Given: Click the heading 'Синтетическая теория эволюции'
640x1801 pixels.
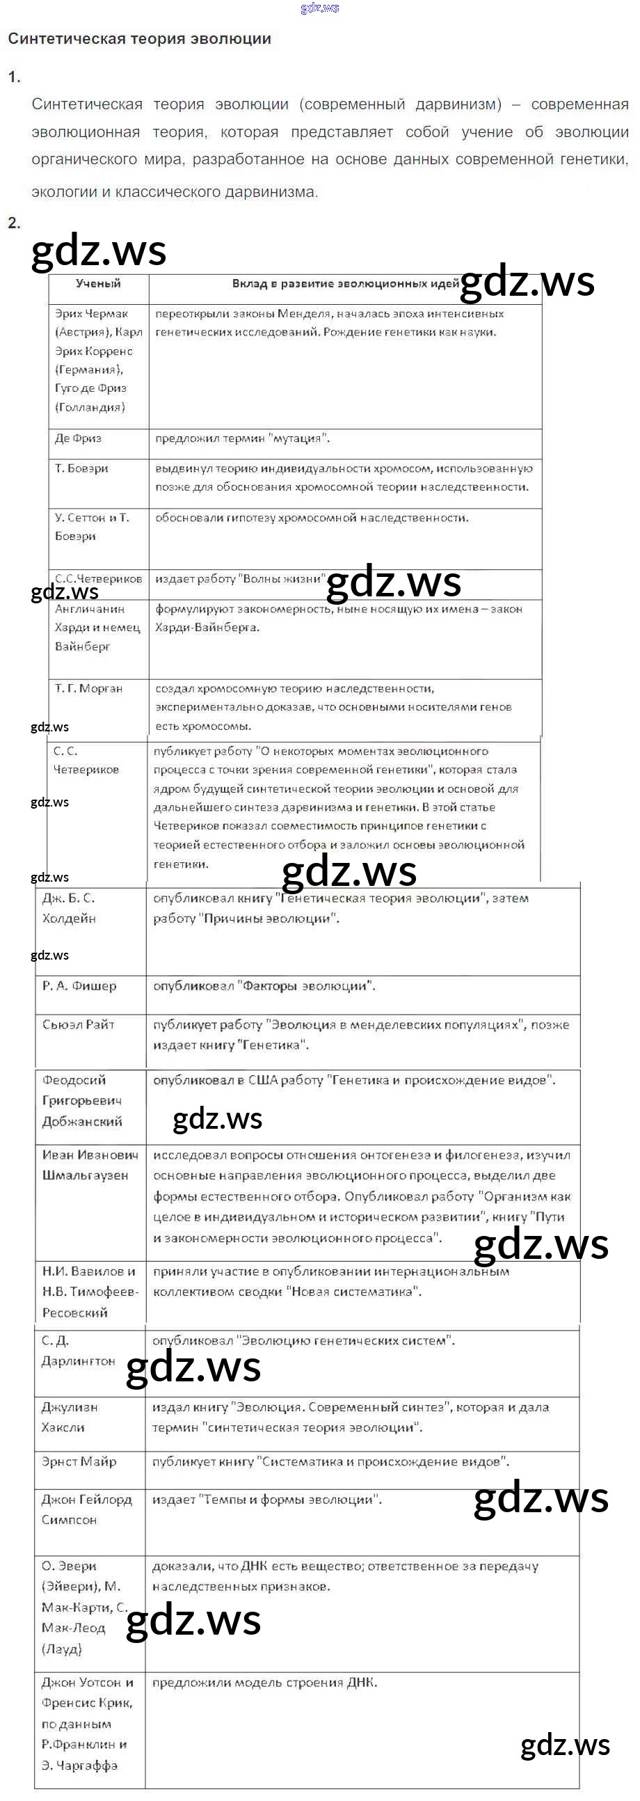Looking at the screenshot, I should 139,39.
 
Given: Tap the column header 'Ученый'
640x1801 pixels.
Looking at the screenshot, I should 98,283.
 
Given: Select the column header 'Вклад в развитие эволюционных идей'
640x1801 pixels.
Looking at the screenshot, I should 345,284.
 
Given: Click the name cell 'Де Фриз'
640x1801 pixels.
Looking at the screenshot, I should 78,438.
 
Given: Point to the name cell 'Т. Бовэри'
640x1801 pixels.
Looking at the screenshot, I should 82,468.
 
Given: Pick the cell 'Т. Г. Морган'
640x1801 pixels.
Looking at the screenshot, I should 89,689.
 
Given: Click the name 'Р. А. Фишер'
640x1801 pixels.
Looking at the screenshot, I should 79,986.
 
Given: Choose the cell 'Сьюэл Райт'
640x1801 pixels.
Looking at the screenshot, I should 78,1024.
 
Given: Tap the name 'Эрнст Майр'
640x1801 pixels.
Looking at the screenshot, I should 79,1461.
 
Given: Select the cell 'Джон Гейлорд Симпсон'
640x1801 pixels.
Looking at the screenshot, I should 86,1509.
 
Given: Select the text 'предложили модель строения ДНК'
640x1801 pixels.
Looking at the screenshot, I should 264,1682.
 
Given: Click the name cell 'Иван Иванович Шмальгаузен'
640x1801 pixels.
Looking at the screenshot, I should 90,1165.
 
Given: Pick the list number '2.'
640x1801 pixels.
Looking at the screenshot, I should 14,223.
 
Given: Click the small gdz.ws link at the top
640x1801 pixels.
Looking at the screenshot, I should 319,8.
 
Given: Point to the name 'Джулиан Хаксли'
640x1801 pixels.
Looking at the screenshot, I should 69,1416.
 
